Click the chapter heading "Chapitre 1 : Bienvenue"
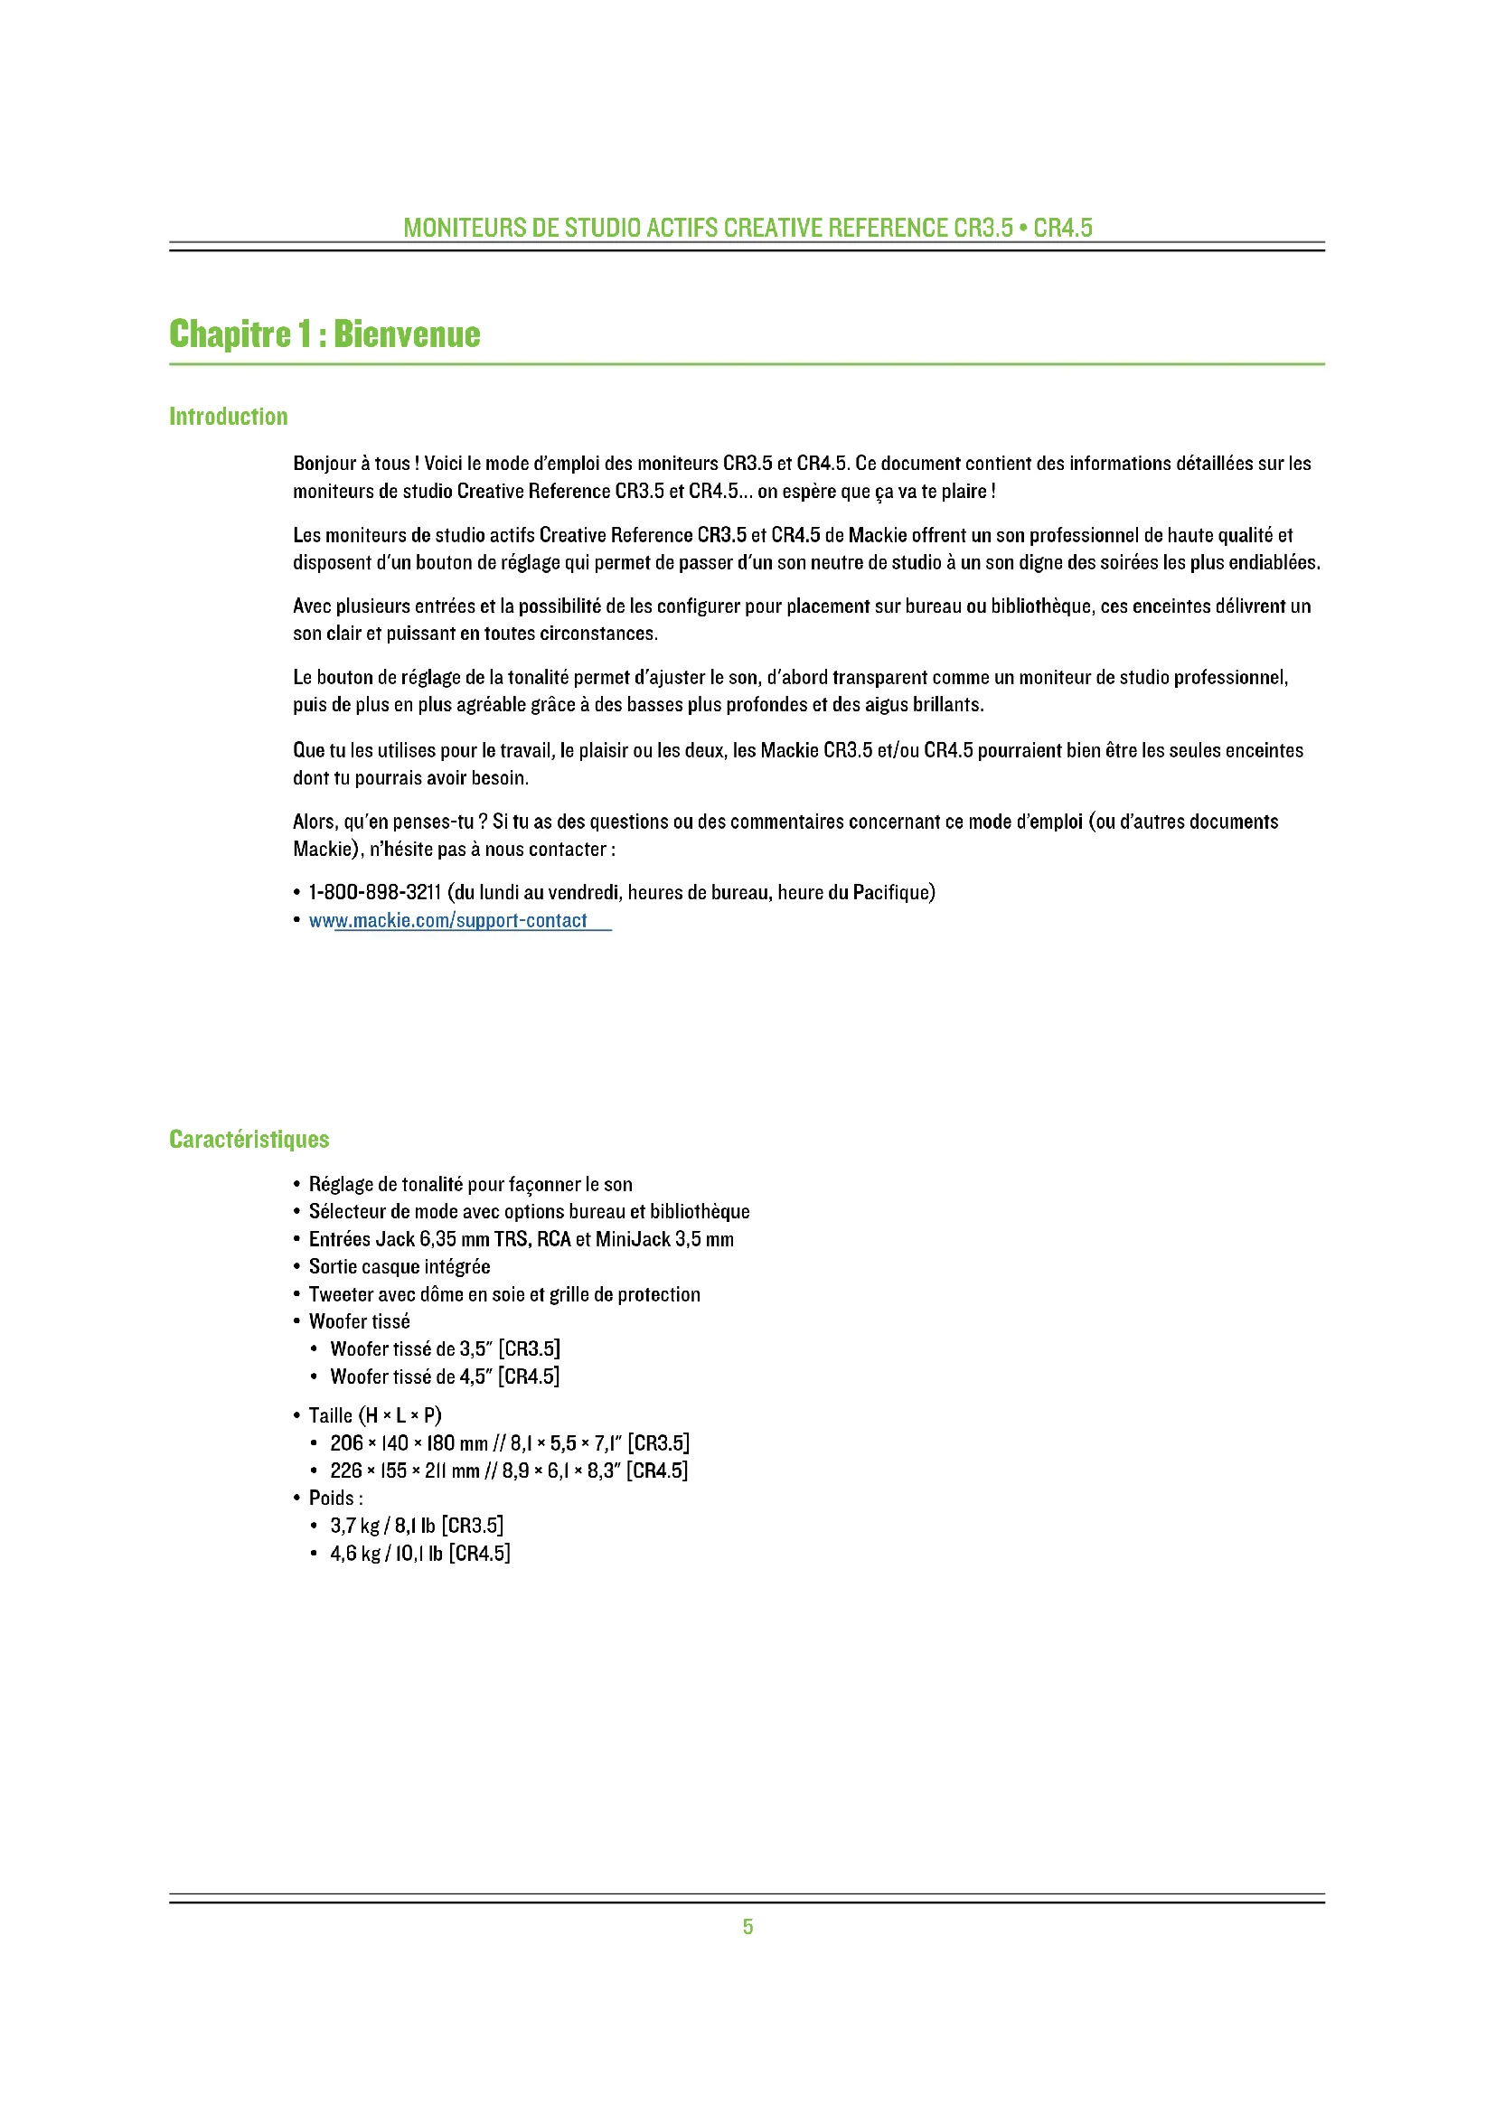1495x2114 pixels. pyautogui.click(x=324, y=334)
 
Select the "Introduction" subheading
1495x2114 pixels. pyautogui.click(x=229, y=417)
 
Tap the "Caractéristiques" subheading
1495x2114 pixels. pyautogui.click(x=249, y=1140)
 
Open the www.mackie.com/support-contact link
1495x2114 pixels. pyautogui.click(x=448, y=921)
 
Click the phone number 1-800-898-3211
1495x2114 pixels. pyautogui.click(x=375, y=892)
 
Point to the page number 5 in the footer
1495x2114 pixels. pyautogui.click(x=747, y=1927)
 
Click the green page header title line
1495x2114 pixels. pyautogui.click(x=747, y=228)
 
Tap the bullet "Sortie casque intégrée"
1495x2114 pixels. pyautogui.click(x=400, y=1267)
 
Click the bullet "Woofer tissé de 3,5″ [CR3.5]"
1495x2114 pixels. pyautogui.click(x=445, y=1348)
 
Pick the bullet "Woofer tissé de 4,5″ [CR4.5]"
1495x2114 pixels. pyautogui.click(x=445, y=1376)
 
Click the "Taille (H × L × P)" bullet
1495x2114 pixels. pyautogui.click(x=375, y=1415)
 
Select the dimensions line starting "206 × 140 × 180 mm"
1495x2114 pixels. pyautogui.click(x=509, y=1442)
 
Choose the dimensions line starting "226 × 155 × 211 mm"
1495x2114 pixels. pyautogui.click(x=509, y=1470)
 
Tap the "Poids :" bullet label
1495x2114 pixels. pyautogui.click(x=335, y=1498)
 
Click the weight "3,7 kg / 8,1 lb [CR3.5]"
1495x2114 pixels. pyautogui.click(x=416, y=1526)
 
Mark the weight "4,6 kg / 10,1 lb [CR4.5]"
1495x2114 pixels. pyautogui.click(x=419, y=1554)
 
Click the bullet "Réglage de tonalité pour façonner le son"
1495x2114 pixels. pyautogui.click(x=470, y=1184)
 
